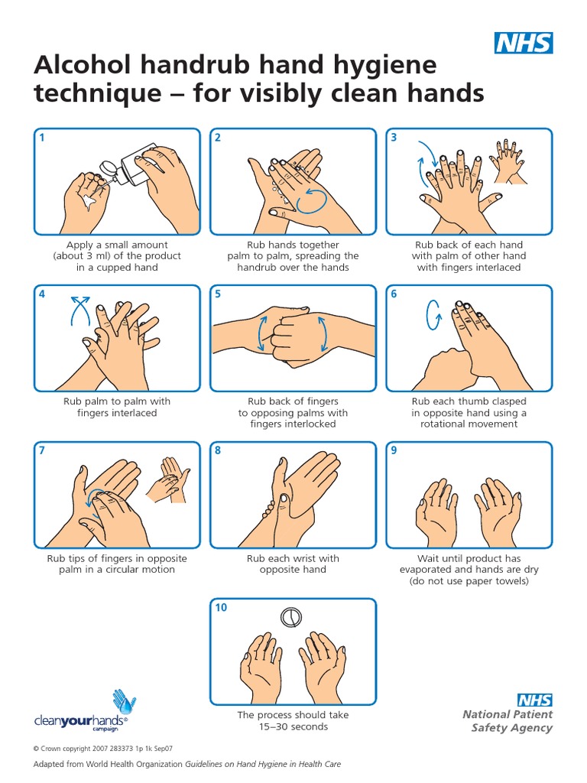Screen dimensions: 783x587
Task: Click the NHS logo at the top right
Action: [x=524, y=44]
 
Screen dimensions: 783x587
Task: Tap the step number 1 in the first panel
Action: [x=43, y=138]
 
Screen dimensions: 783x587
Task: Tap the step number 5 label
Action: [x=218, y=294]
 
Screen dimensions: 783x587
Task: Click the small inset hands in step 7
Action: [x=169, y=479]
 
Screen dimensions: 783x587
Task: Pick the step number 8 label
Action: [x=218, y=451]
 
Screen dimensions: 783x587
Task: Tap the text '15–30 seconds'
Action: [x=293, y=726]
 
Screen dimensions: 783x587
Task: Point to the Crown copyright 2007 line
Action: [x=103, y=749]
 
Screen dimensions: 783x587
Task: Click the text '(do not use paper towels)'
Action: [x=469, y=580]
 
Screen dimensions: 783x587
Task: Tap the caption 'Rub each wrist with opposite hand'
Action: [x=293, y=564]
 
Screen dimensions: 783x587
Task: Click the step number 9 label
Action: [x=394, y=451]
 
